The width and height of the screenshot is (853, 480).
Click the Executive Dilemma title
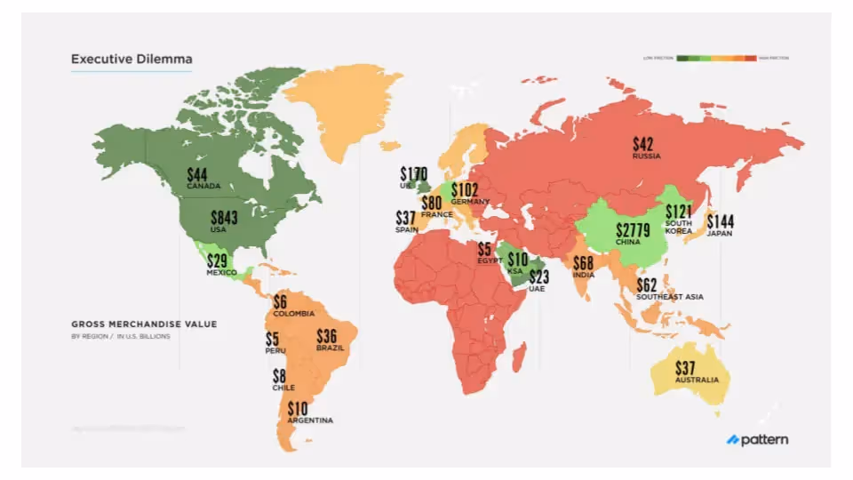[132, 60]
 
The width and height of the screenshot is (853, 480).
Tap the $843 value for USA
[224, 218]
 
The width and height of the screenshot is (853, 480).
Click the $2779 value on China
[633, 231]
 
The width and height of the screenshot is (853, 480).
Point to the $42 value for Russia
[645, 144]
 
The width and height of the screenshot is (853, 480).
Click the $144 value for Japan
[721, 221]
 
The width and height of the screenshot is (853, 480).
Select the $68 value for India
[583, 263]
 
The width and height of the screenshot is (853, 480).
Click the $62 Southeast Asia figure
[647, 284]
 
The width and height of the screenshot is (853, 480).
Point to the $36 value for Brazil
[327, 337]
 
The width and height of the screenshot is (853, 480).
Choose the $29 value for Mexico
[218, 261]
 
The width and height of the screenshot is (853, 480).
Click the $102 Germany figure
[465, 190]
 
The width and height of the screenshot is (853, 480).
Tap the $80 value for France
[432, 203]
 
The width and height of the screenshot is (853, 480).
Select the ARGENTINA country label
[310, 420]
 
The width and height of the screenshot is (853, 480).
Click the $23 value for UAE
[539, 276]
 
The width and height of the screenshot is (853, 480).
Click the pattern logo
[757, 439]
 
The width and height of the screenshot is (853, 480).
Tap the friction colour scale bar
[716, 58]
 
